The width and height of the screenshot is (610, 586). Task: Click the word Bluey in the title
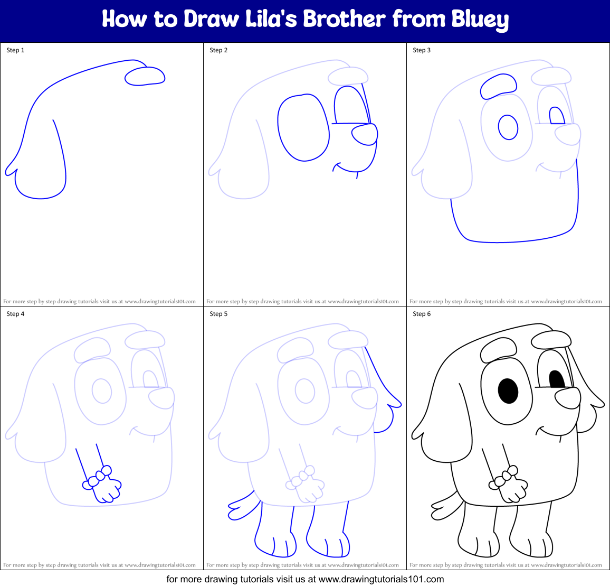(480, 20)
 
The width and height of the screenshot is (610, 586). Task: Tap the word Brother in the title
(344, 19)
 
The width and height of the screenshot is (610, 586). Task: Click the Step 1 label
(15, 50)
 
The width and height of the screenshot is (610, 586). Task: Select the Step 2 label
(218, 50)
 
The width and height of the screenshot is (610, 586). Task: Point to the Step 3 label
(422, 50)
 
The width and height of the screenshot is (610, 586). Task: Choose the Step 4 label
(15, 314)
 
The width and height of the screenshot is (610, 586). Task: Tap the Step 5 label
(218, 314)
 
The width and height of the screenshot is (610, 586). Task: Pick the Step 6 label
(422, 314)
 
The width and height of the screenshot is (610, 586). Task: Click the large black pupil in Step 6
(508, 391)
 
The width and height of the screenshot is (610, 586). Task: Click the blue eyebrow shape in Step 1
(145, 77)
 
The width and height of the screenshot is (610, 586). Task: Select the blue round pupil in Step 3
(508, 127)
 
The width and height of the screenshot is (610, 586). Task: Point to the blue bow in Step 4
(98, 477)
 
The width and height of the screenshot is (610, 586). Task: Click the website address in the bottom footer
(382, 579)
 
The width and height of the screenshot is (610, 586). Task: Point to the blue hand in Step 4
(109, 489)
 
